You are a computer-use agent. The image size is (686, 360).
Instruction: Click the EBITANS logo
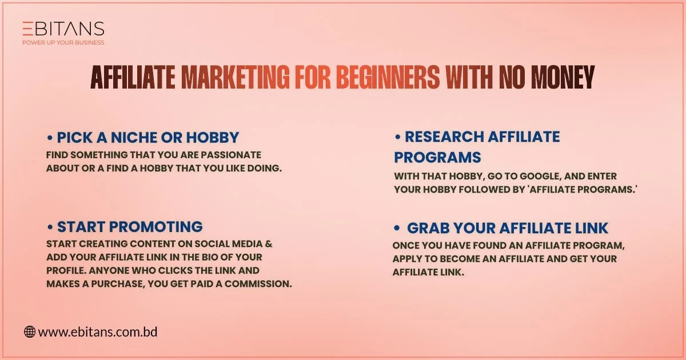tap(63, 29)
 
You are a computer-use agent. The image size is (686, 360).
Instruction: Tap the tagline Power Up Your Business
tap(63, 42)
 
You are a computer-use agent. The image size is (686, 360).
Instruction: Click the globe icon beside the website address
tap(30, 331)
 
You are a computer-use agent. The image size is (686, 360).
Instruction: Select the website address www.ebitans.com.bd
tap(98, 331)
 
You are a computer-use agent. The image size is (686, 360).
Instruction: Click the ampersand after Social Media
tap(269, 244)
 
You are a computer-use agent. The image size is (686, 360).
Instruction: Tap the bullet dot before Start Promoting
tap(50, 227)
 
